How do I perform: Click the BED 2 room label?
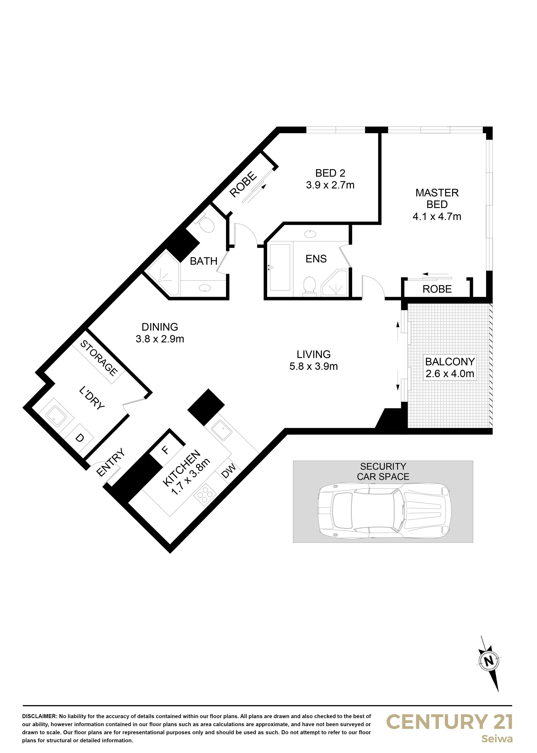330,173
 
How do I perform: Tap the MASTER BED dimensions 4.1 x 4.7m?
437,217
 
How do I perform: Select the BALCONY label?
450,361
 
